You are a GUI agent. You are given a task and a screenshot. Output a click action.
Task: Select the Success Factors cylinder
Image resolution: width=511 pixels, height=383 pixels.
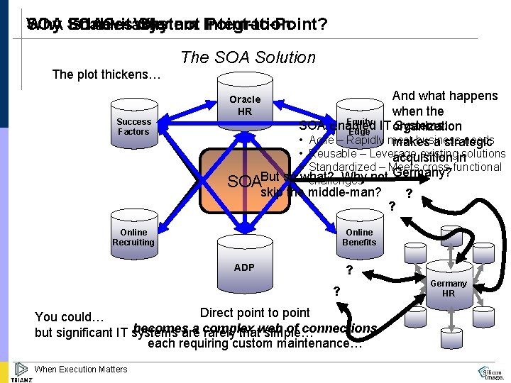coord(133,128)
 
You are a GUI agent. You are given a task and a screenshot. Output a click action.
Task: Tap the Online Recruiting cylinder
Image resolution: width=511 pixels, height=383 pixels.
coord(133,238)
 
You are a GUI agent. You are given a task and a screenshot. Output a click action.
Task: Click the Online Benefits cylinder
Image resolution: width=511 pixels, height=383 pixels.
coord(359,238)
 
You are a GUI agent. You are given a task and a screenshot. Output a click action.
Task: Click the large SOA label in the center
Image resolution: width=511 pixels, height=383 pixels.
coord(243,182)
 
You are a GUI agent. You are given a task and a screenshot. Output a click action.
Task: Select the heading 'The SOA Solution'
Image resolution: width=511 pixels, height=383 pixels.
coord(248,57)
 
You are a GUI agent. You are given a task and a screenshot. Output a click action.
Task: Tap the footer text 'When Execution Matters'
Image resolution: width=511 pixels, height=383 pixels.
coord(81,369)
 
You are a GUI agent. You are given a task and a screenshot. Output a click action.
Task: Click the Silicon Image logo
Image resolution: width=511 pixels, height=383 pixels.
coord(492,373)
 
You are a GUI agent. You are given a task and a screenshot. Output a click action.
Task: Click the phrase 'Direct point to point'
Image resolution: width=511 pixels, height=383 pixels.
coord(255,313)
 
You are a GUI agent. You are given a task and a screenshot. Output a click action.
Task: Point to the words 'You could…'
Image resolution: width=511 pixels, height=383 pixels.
coord(70,317)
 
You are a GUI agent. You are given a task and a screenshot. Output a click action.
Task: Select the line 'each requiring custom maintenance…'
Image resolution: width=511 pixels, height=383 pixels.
coord(255,344)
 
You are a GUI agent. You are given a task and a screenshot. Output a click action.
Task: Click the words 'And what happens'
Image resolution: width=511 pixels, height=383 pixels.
coord(445,96)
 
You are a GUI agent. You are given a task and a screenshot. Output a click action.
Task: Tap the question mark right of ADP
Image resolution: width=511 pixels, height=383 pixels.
coord(348,270)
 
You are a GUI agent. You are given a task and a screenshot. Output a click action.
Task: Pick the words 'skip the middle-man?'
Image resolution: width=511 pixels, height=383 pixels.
coord(322,191)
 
